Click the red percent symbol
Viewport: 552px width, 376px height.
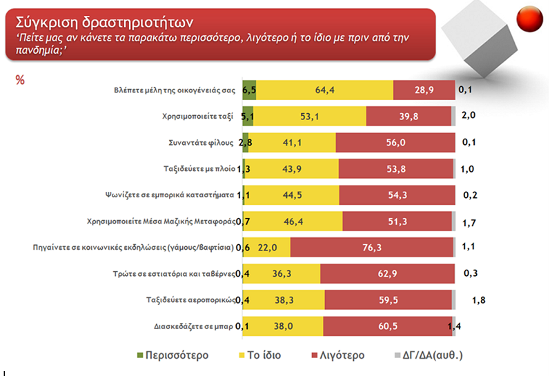click(20, 81)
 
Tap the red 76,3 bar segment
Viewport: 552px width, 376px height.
click(372, 246)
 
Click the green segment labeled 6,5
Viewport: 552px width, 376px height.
click(249, 90)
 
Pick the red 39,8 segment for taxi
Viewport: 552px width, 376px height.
click(408, 116)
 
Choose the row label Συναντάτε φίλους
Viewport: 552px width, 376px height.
click(200, 142)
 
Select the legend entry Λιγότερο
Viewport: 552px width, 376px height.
click(343, 356)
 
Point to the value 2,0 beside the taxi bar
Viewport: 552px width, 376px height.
click(469, 115)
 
